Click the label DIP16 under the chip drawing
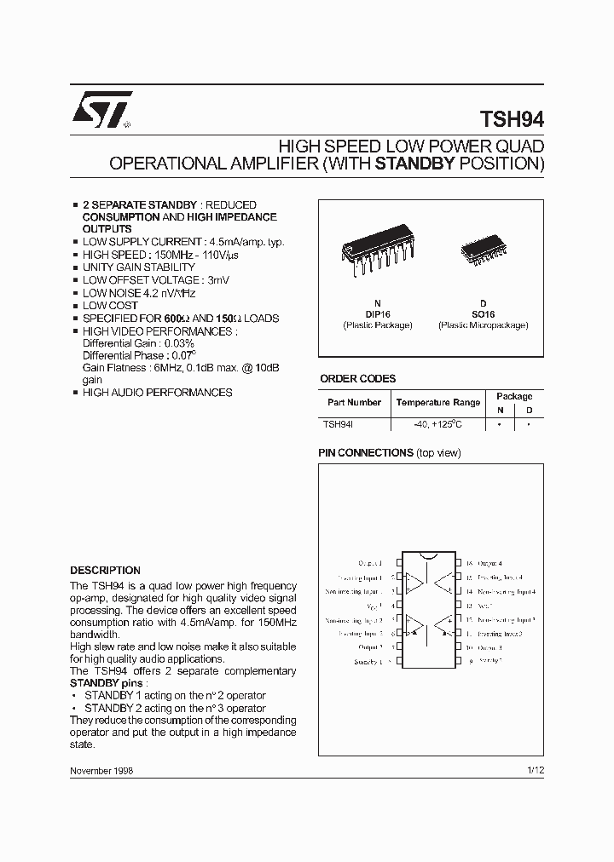(x=377, y=314)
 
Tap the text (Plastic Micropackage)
(x=483, y=325)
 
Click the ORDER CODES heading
(x=357, y=379)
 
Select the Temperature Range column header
(x=438, y=402)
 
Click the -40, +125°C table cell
(x=437, y=423)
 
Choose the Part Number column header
(x=354, y=402)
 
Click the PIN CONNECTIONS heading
(x=365, y=453)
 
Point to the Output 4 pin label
(x=489, y=563)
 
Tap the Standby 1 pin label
(x=368, y=662)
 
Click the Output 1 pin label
(x=369, y=563)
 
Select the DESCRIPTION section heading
(x=105, y=571)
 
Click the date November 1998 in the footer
(x=101, y=770)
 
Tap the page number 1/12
(x=535, y=770)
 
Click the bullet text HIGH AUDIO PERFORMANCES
(x=157, y=393)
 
